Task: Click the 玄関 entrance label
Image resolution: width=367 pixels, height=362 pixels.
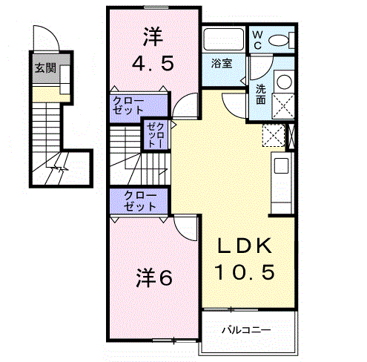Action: pos(45,68)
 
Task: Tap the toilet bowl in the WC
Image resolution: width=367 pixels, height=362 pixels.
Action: pos(278,41)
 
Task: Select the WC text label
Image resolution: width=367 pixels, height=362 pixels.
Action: pos(257,40)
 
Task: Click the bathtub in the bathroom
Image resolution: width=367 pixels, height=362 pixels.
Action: pos(223,39)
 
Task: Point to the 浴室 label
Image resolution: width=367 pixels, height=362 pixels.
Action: pos(222,64)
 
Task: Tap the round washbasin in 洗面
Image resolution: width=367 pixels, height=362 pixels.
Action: pos(284,81)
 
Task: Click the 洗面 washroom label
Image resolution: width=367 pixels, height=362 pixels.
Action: pos(261,94)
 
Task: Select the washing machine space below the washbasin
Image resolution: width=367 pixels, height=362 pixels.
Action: pos(283,106)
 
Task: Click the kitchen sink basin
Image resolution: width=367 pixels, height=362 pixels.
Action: pos(281,165)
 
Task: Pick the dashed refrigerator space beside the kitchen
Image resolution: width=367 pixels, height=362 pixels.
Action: pos(274,135)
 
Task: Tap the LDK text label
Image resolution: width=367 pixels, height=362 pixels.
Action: pos(244,246)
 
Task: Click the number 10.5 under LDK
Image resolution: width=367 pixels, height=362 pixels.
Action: pos(244,271)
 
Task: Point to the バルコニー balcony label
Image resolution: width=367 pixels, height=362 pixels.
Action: pos(246,330)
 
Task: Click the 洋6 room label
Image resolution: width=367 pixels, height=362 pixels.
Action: pos(153,277)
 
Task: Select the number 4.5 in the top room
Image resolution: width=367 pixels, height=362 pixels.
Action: pos(153,63)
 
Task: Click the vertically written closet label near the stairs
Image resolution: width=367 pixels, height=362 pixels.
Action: pos(156,136)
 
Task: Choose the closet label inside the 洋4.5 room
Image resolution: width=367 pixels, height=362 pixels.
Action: pos(128,106)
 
